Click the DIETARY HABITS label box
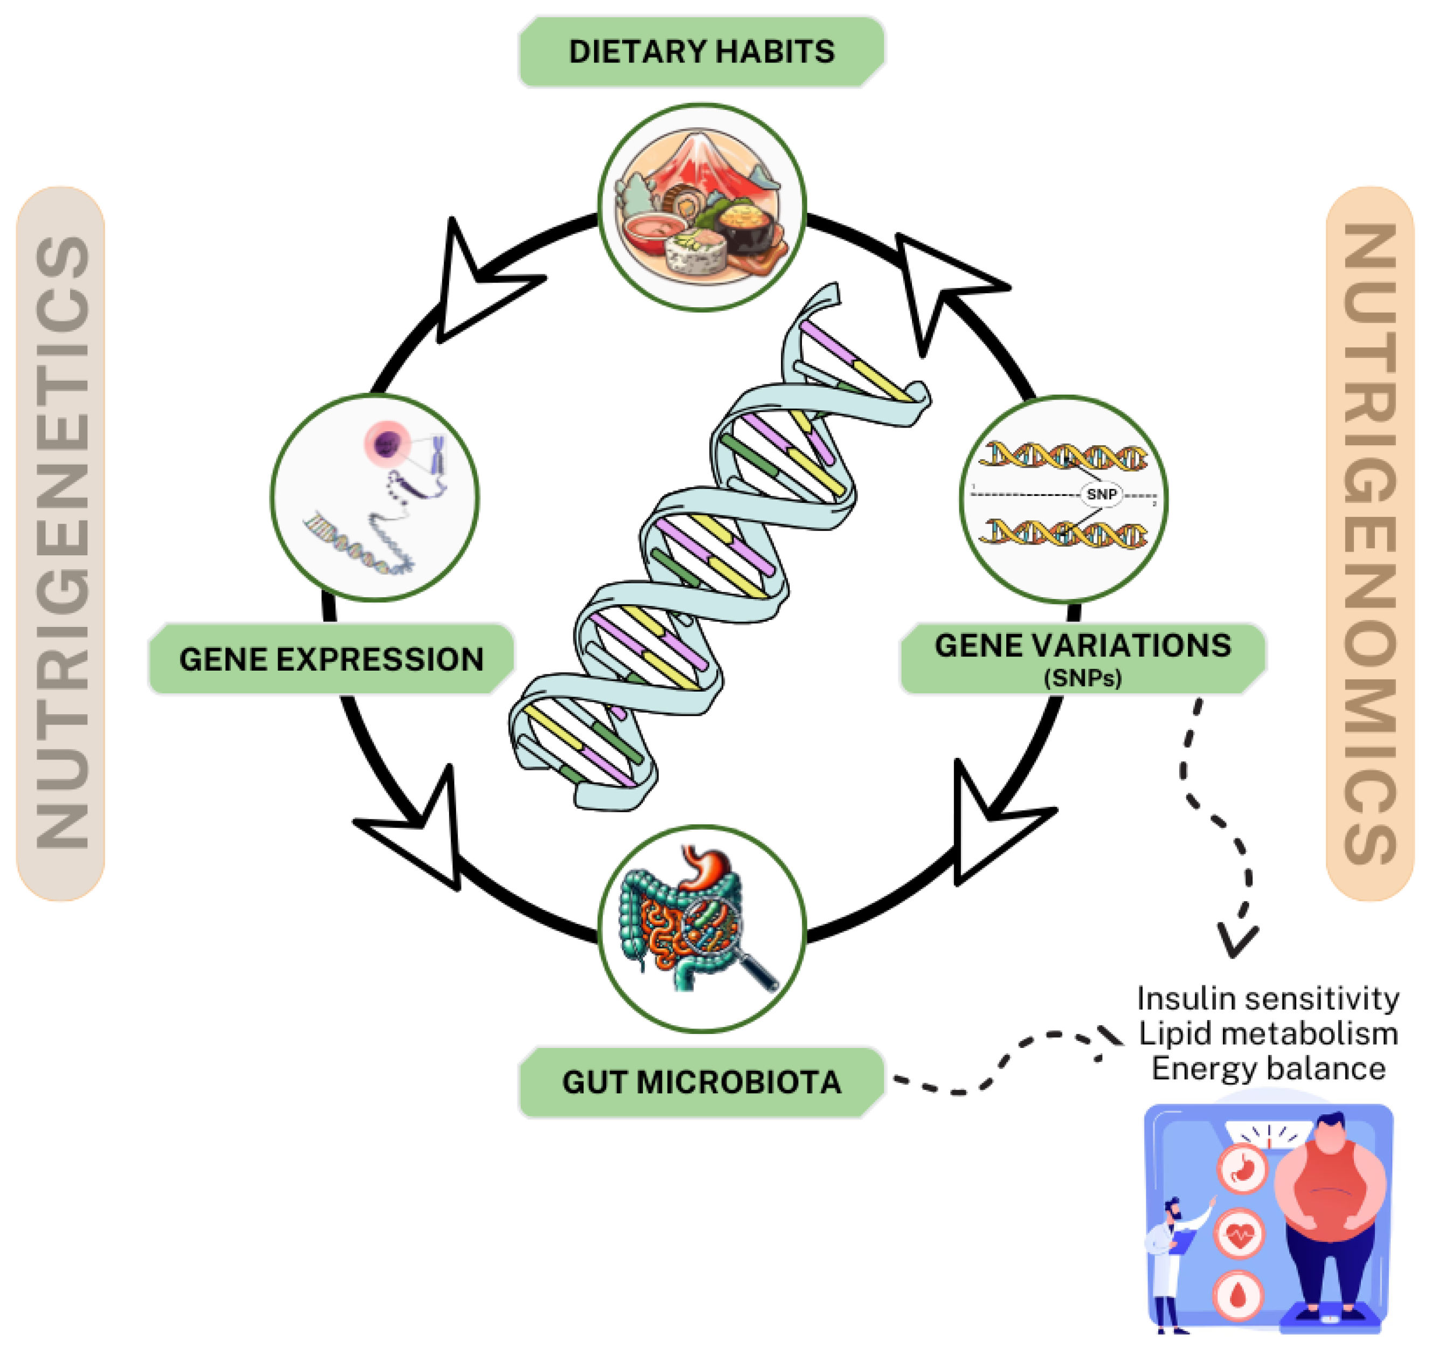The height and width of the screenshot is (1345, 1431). pyautogui.click(x=701, y=52)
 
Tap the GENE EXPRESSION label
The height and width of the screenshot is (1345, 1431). pyautogui.click(x=331, y=659)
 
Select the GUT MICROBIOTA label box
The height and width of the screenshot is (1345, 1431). pyautogui.click(x=701, y=1082)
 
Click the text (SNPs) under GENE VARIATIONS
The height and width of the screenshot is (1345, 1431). pyautogui.click(x=1083, y=678)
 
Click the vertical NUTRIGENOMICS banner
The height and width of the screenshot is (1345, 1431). pyautogui.click(x=1369, y=543)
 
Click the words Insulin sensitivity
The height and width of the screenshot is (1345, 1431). pyautogui.click(x=1268, y=999)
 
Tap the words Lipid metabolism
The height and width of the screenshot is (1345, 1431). pyautogui.click(x=1268, y=1033)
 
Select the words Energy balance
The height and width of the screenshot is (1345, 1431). pyautogui.click(x=1268, y=1068)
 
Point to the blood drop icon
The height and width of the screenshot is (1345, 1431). pyautogui.click(x=1238, y=1295)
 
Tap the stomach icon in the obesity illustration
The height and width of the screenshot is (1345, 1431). pyautogui.click(x=1242, y=1169)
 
